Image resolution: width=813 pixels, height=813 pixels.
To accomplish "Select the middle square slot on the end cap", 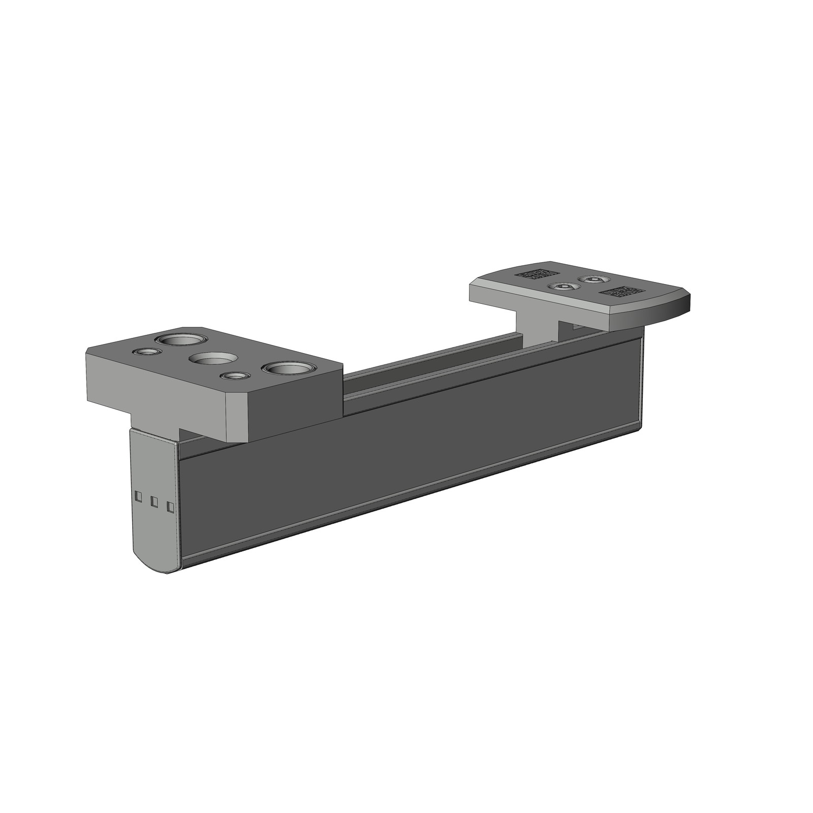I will (154, 502).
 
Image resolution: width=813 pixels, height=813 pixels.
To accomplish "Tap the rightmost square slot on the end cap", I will (171, 507).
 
